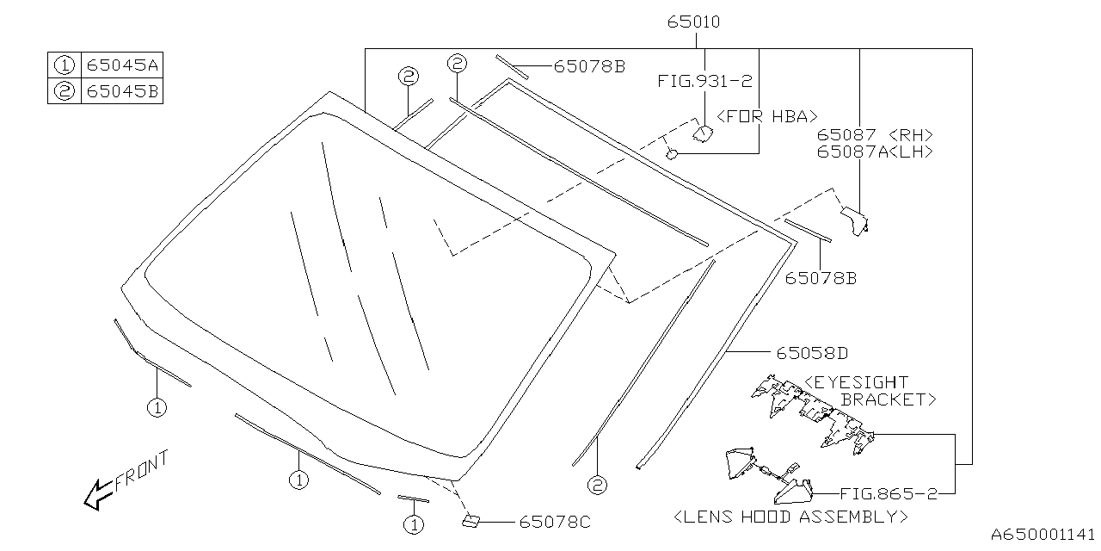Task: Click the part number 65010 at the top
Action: [693, 22]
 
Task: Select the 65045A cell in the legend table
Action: [122, 65]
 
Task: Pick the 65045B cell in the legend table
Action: [122, 91]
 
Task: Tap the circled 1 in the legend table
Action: [65, 65]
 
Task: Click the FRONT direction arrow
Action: [98, 494]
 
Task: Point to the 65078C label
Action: [555, 522]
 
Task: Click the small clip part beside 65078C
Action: [471, 521]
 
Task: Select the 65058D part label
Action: [813, 353]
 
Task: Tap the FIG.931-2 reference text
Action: [704, 81]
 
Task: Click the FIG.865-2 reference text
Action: [889, 493]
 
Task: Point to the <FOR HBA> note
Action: [767, 116]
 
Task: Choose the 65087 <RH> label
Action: [875, 135]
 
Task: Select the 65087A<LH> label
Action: [875, 152]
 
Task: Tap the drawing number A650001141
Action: [1043, 535]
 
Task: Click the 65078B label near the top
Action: [589, 66]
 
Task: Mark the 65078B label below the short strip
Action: [821, 278]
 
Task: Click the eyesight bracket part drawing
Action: [813, 414]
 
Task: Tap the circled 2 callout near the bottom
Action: [597, 486]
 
